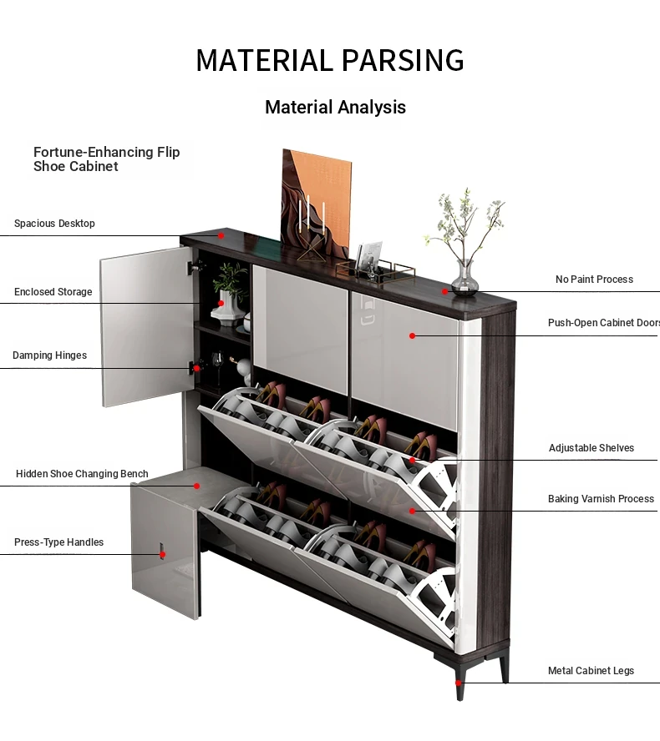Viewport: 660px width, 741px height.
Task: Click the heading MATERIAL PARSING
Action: (330, 60)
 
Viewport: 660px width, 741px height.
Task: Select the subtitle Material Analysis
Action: (335, 108)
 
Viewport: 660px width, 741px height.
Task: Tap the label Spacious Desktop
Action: (54, 224)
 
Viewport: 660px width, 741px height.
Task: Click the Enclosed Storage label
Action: (53, 292)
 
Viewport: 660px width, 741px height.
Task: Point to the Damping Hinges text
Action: (49, 355)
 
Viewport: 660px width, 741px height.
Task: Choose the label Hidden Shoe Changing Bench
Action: (82, 474)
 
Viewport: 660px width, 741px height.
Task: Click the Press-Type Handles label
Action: (58, 542)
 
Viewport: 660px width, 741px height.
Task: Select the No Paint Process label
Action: (594, 280)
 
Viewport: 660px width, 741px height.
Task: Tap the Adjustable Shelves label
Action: (591, 448)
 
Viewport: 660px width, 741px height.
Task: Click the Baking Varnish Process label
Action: (601, 499)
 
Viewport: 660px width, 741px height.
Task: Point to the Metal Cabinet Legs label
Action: (591, 671)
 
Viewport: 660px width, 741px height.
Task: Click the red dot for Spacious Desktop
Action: (221, 235)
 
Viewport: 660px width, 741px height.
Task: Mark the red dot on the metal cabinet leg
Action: (458, 683)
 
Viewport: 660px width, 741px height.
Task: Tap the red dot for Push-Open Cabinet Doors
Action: (412, 336)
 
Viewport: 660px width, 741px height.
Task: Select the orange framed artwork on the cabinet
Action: (317, 204)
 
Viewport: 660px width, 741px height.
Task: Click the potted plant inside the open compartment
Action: (230, 294)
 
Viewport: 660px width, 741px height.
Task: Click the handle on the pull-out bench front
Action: (162, 551)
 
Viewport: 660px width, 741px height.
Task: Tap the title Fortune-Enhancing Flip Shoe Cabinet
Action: (106, 159)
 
